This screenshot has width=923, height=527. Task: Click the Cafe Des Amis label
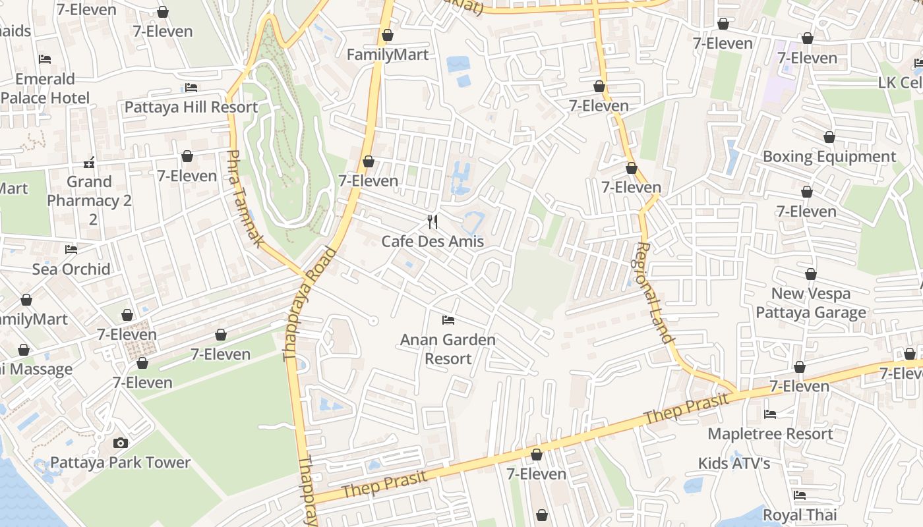[x=432, y=242]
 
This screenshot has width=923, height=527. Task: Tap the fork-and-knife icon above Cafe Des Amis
[x=432, y=222]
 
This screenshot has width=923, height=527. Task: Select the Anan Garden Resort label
[x=448, y=349]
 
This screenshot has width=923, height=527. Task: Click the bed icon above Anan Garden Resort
[x=448, y=320]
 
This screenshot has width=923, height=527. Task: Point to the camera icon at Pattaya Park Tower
[x=120, y=443]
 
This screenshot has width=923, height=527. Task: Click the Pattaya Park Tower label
[x=120, y=462]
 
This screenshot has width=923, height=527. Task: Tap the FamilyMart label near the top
[x=388, y=55]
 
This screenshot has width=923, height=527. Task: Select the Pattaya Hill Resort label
[x=191, y=107]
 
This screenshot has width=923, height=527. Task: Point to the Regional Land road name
[x=655, y=293]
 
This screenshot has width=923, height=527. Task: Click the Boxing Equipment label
[x=829, y=157]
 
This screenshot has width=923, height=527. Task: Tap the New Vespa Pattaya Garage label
[x=811, y=303]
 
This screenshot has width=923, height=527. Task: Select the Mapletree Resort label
[x=770, y=434]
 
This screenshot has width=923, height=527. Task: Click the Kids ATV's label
[x=734, y=464]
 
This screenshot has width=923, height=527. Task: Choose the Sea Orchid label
[x=71, y=269]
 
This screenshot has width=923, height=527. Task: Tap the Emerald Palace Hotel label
[x=45, y=89]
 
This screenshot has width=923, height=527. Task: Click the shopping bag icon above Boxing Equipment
[x=829, y=137]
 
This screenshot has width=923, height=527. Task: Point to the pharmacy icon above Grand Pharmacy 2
[x=90, y=162]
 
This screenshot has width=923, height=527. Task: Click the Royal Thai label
[x=800, y=514]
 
